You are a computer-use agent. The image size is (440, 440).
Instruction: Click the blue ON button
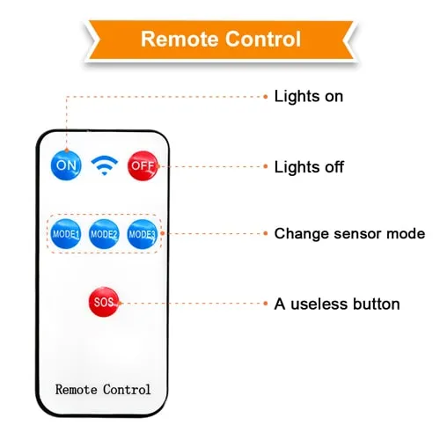(x=66, y=165)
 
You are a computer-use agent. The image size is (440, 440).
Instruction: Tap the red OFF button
(x=143, y=165)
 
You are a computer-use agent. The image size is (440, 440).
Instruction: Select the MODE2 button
(x=104, y=234)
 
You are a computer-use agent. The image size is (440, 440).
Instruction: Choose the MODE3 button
(x=143, y=234)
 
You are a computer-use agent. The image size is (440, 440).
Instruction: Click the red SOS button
(x=104, y=302)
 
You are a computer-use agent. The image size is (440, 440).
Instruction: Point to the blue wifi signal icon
(x=104, y=165)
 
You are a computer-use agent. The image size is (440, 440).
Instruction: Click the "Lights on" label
(x=309, y=96)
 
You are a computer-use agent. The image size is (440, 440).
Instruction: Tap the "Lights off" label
(x=309, y=167)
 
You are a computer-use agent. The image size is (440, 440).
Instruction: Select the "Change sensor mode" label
(x=349, y=234)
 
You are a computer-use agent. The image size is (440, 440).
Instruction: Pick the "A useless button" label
(x=337, y=304)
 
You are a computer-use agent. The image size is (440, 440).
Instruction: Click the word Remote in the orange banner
(x=180, y=39)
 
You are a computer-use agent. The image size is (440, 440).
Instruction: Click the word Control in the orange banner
(x=263, y=39)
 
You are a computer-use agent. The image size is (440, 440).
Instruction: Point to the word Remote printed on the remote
(x=77, y=390)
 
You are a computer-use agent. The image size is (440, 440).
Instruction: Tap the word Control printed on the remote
(x=127, y=390)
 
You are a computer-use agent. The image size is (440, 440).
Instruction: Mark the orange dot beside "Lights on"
(x=266, y=97)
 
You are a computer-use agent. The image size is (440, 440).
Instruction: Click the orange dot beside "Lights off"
(x=266, y=166)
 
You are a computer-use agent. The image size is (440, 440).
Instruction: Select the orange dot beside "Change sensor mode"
(x=266, y=233)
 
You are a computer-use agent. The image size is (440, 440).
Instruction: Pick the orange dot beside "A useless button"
(x=266, y=304)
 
